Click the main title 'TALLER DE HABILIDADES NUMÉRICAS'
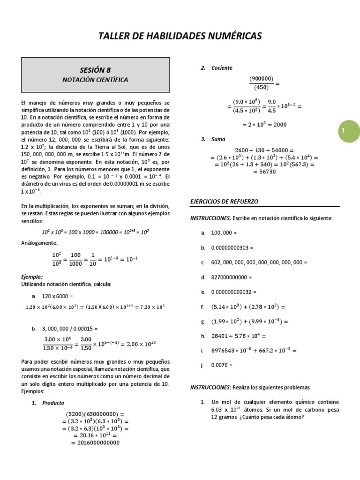point(180,36)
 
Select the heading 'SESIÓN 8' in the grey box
point(95,70)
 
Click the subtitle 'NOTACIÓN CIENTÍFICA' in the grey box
point(95,80)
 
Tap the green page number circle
point(343,132)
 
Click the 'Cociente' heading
point(222,68)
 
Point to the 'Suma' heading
point(218,139)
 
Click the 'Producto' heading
point(53,403)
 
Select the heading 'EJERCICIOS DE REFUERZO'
point(224,202)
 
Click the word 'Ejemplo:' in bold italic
point(32,277)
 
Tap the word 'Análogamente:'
point(39,243)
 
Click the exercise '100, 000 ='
point(225,233)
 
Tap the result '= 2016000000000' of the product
point(94,442)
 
